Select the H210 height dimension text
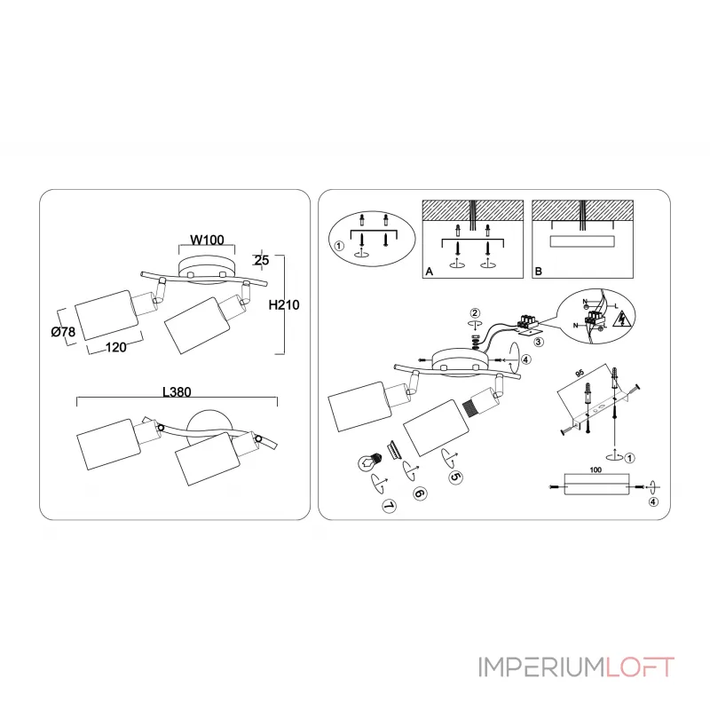click(283, 304)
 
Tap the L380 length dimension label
click(177, 390)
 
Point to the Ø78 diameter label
click(63, 332)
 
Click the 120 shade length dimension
click(115, 348)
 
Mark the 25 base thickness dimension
click(262, 260)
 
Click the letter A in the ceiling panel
click(429, 272)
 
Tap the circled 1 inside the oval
click(337, 246)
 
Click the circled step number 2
click(476, 312)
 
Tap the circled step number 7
click(387, 506)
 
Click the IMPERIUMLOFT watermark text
click(576, 667)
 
